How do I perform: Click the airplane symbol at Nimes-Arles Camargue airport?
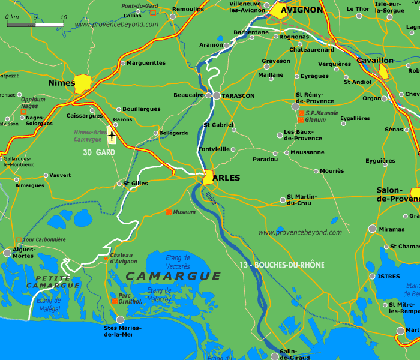(x=112, y=136)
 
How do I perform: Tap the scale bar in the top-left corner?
(x=35, y=25)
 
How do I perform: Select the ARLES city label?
(x=226, y=178)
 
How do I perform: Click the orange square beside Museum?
(x=169, y=212)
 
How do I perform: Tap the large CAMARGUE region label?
(x=173, y=276)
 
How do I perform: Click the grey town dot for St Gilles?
(x=118, y=184)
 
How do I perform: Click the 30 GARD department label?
(x=99, y=152)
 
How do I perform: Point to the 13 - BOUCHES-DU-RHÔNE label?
(x=281, y=265)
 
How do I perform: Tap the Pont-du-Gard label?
(x=140, y=6)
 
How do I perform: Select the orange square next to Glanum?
(x=301, y=120)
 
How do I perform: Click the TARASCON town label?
(x=238, y=96)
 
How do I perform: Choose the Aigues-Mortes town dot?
(x=7, y=253)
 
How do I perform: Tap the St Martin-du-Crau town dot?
(x=283, y=200)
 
